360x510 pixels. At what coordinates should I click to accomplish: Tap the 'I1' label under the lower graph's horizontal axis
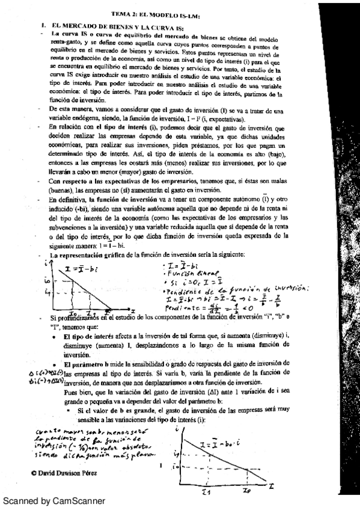coord(206,490)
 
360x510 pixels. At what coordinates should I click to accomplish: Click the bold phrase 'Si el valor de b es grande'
coord(113,410)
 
